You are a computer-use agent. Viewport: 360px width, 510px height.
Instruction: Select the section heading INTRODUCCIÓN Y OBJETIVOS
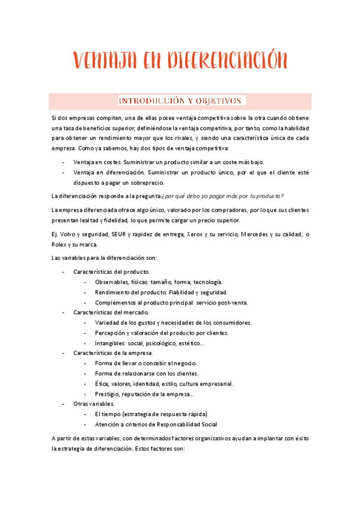click(180, 100)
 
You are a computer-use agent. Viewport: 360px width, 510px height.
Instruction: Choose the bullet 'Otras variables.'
click(94, 404)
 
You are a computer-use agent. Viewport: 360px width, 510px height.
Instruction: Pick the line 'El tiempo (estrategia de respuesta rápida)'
click(151, 414)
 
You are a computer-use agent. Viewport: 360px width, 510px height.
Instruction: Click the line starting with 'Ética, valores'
click(164, 384)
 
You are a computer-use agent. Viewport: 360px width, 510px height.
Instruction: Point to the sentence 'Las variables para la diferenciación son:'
click(104, 258)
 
